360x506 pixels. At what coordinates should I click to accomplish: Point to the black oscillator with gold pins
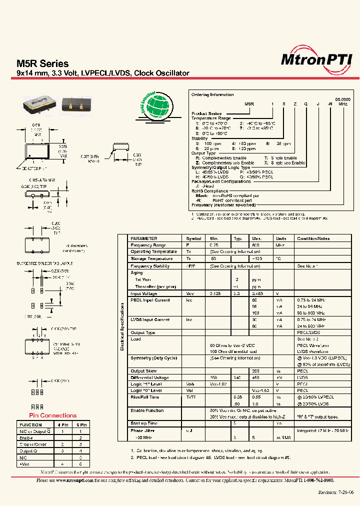(76, 103)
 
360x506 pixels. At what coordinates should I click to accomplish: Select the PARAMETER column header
(144, 238)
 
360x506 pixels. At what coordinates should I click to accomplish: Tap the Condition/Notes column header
(313, 238)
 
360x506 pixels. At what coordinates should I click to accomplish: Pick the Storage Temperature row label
(152, 259)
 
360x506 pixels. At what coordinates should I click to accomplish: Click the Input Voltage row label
(143, 293)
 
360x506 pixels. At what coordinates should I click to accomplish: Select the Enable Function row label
(147, 410)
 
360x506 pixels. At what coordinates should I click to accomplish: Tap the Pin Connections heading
(52, 415)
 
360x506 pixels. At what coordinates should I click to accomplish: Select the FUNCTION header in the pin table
(30, 424)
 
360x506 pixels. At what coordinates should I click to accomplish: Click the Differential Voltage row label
(150, 377)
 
